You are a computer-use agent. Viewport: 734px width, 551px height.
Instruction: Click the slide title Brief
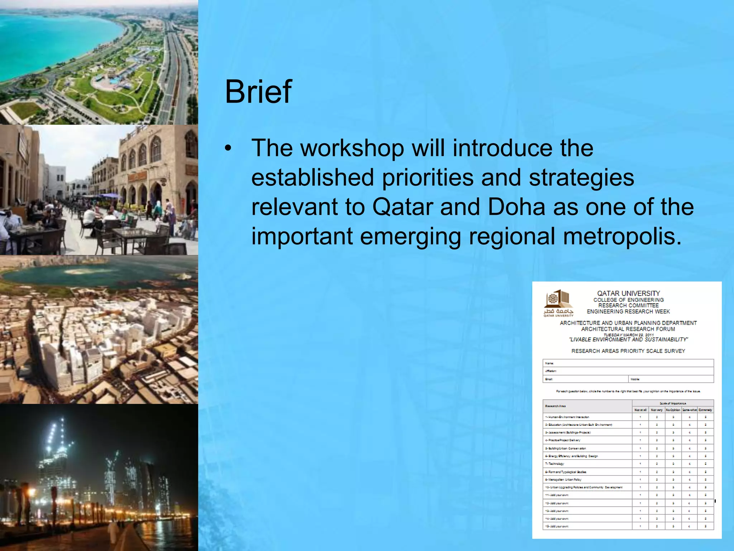[258, 92]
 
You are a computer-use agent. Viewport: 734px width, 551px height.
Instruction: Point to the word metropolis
[622, 236]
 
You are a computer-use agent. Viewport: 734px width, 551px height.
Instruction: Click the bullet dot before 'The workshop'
[228, 149]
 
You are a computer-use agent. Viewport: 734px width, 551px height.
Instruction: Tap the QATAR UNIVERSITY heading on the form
[628, 293]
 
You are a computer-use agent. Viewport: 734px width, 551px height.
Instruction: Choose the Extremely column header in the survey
[705, 410]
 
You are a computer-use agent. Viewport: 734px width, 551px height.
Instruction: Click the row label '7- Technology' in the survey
[555, 464]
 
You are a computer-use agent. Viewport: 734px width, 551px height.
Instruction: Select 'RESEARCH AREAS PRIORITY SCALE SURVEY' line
[628, 351]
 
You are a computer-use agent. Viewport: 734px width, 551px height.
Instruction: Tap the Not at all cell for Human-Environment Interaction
[640, 417]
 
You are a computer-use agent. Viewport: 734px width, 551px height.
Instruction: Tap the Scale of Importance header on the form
[673, 403]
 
